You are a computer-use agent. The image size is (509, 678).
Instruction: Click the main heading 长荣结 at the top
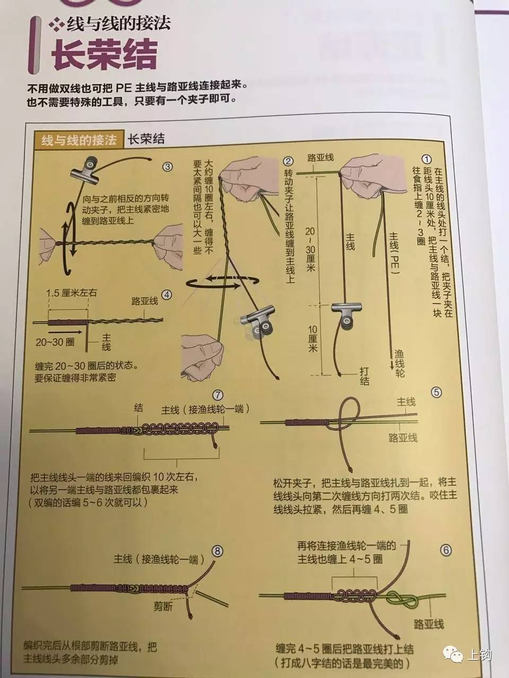[104, 55]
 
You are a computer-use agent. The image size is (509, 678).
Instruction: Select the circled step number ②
[288, 161]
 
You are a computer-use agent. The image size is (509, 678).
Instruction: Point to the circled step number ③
[168, 166]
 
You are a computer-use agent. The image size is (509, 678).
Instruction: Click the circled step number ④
[166, 295]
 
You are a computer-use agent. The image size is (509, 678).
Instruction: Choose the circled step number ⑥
[445, 550]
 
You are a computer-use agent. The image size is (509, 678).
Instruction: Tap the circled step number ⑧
[218, 551]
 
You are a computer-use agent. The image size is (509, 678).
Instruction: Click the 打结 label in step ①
[364, 376]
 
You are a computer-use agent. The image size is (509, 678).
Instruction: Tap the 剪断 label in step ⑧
[163, 607]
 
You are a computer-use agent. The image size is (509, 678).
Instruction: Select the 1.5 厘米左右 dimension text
[72, 292]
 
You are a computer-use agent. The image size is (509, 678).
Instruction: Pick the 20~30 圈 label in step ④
[55, 342]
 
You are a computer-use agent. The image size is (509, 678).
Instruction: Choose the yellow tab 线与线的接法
[79, 140]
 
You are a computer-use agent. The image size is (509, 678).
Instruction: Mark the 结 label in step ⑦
[138, 407]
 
